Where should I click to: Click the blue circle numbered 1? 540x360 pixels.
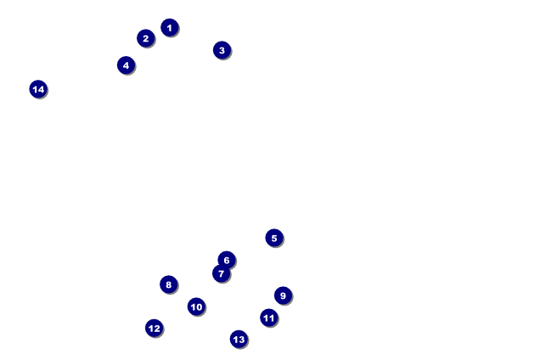[x=170, y=27]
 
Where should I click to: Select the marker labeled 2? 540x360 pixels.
[x=146, y=38]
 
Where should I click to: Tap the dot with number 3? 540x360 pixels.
[x=222, y=50]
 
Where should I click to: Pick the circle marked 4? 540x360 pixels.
[x=126, y=65]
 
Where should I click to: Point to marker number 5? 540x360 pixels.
[x=274, y=238]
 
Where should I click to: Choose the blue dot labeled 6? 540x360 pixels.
[x=227, y=260]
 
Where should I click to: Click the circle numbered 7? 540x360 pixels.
[x=221, y=273]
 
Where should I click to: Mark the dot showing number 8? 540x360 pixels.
[x=169, y=284]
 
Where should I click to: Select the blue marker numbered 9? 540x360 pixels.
[x=283, y=295]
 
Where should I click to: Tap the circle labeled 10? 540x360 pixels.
[x=196, y=307]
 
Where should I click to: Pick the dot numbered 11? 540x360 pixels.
[x=269, y=318]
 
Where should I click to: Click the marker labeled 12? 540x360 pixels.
[x=155, y=328]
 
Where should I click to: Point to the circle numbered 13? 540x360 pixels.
[x=239, y=340]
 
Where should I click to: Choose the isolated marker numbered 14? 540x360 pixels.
[x=38, y=89]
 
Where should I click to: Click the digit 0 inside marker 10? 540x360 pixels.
[x=199, y=307]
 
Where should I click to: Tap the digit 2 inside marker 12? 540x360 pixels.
[x=157, y=329]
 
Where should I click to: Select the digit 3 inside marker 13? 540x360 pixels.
[x=241, y=340]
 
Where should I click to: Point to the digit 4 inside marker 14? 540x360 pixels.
[x=41, y=89]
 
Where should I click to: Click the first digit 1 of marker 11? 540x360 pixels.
[x=267, y=318]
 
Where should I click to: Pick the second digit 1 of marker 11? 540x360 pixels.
[x=272, y=318]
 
